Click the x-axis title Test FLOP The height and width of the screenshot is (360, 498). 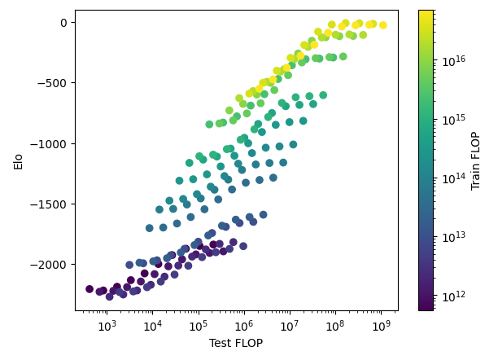(x=237, y=344)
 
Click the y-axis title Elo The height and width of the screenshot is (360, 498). (x=19, y=160)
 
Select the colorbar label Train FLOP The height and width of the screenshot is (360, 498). (x=476, y=160)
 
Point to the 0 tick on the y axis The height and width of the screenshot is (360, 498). (x=65, y=22)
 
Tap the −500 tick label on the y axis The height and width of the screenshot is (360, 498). (x=56, y=83)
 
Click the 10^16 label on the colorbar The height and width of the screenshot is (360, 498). (x=451, y=60)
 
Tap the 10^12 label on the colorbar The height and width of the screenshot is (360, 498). (x=451, y=296)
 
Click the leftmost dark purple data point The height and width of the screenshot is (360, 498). (x=90, y=289)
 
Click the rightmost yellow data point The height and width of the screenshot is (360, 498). (x=383, y=25)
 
